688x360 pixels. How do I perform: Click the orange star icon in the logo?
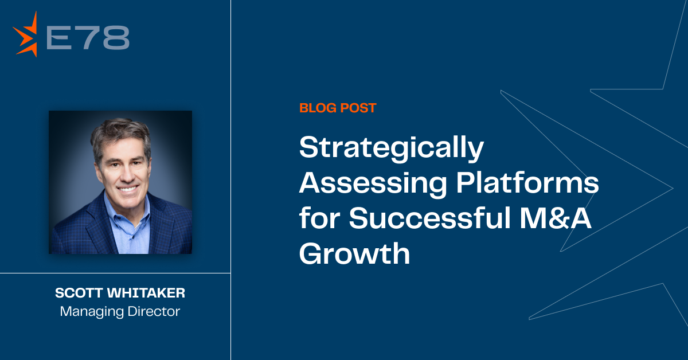(26, 34)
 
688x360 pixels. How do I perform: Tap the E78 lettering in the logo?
(88, 37)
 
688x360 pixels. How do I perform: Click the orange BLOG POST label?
(338, 108)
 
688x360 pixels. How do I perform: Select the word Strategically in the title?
(391, 148)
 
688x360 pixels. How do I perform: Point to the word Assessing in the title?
(373, 183)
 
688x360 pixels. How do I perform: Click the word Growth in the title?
(354, 253)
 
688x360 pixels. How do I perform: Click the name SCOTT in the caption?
(79, 293)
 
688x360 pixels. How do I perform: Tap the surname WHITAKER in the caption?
(146, 293)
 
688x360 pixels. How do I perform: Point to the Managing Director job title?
(120, 311)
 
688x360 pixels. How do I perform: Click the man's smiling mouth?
(128, 188)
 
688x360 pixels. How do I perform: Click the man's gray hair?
(120, 132)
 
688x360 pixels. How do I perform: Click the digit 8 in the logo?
(116, 37)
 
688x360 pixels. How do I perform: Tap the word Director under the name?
(154, 311)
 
